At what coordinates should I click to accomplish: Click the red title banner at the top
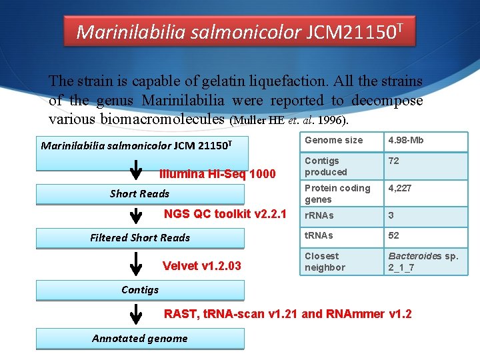coord(239,31)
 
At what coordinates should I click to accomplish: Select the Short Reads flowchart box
coord(140,194)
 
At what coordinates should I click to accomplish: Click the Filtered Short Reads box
coord(140,238)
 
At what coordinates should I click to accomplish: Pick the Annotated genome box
coord(140,339)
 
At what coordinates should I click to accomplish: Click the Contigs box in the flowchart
coord(140,290)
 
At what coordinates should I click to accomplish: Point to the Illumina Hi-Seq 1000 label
coord(217,174)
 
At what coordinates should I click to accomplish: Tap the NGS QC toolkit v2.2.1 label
coord(225,214)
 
